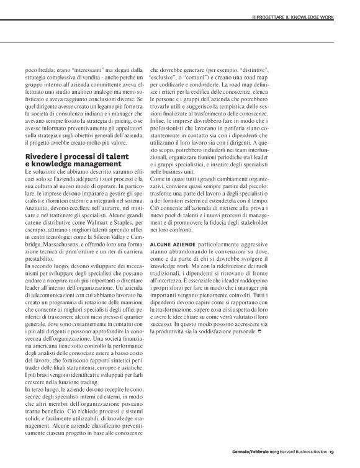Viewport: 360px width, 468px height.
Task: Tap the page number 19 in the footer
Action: pyautogui.click(x=332, y=451)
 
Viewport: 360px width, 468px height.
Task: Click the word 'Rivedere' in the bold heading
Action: pyautogui.click(x=44, y=157)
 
